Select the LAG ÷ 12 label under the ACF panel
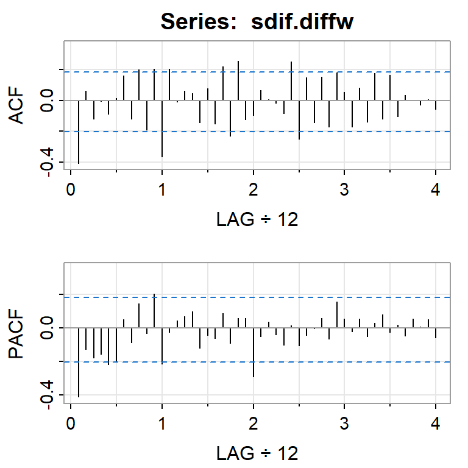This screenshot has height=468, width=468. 257,220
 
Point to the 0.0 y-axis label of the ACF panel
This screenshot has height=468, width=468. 54,101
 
